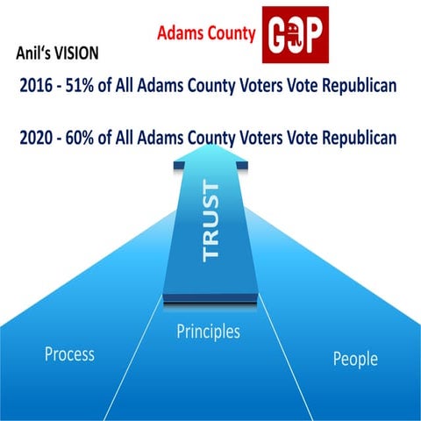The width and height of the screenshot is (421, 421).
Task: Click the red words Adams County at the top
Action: point(206,33)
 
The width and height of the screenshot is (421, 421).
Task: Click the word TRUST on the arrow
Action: point(210,220)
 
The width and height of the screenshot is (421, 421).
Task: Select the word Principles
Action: point(209,332)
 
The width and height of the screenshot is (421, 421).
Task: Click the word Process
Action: point(69,354)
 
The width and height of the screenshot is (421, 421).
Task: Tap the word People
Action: point(355,359)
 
